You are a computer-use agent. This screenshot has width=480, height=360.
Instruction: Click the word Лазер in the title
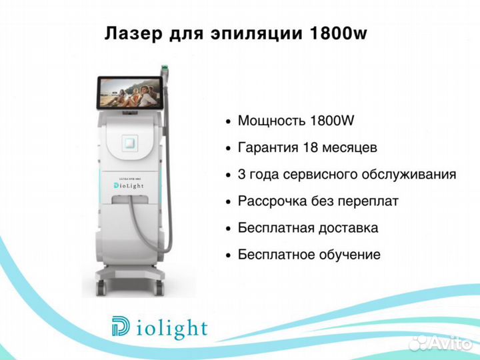pos(133,33)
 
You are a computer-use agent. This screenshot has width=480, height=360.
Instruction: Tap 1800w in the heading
pos(338,33)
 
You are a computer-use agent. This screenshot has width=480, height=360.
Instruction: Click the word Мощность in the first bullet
pos(271,121)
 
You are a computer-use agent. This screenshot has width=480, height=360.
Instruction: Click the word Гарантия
pos(268,147)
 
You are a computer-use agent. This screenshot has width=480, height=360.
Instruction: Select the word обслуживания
pos(409,175)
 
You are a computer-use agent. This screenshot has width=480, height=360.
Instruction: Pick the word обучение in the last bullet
pos(350,255)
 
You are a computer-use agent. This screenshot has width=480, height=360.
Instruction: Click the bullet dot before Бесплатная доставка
pos(227,229)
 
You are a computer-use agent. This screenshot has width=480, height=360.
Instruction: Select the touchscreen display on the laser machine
pos(130,93)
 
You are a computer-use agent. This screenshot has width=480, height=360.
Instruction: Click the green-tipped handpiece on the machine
pos(165,74)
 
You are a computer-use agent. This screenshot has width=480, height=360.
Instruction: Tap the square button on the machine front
pos(130,143)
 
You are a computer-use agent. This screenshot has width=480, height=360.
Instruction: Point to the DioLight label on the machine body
pos(129,185)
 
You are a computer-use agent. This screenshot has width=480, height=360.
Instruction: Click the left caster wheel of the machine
pos(101,288)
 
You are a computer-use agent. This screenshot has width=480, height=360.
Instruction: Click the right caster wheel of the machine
pos(159,288)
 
